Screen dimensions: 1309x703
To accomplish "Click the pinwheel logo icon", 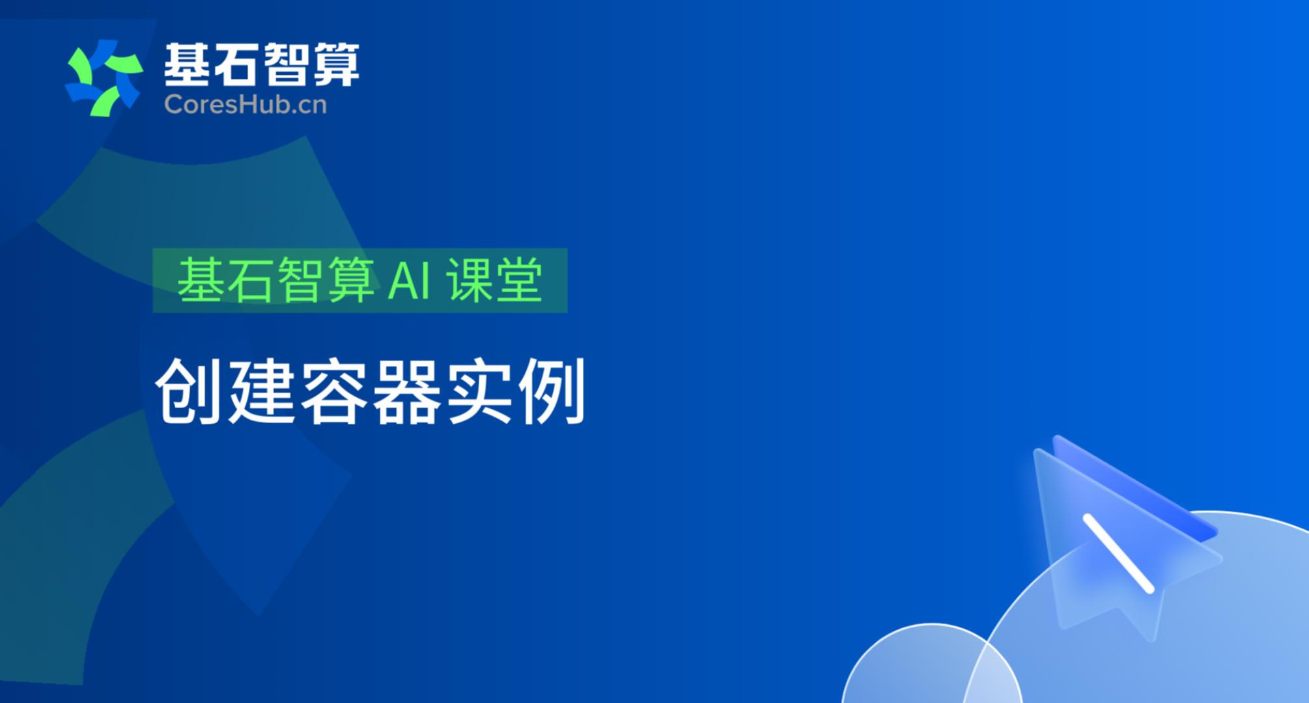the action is tap(104, 78).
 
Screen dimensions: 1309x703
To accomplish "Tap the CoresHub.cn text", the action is tap(246, 104).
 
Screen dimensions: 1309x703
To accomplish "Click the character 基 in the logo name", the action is tap(186, 64).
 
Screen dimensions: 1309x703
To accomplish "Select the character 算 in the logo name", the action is tap(336, 64).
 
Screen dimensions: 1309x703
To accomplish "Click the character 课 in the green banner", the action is tap(469, 280).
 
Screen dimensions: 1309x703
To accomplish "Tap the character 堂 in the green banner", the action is tap(519, 280).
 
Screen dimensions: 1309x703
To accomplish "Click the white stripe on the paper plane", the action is tap(1118, 553).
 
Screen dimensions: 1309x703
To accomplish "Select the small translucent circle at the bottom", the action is tap(931, 663).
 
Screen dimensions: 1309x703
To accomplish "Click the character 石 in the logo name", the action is tap(236, 64).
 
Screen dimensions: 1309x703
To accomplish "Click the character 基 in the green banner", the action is tap(201, 280).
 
